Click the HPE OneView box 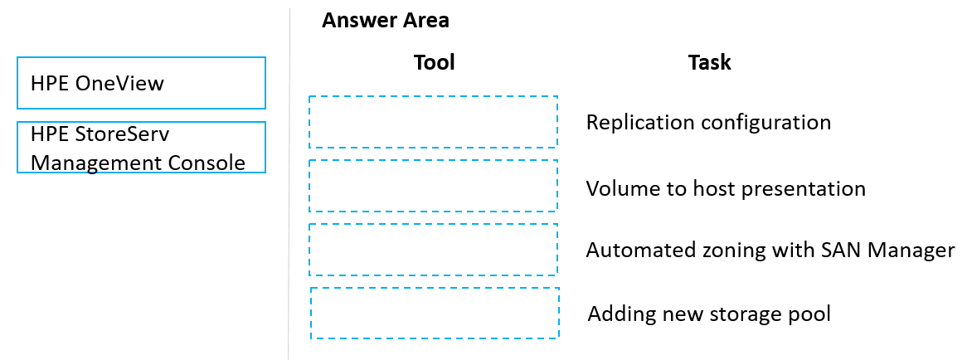141,83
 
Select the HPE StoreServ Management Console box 141,148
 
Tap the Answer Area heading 386,21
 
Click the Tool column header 435,62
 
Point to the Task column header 710,62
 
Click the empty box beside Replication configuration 433,122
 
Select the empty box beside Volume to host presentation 433,186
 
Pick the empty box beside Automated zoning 433,250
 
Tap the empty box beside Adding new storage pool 435,313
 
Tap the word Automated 632,251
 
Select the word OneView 119,83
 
